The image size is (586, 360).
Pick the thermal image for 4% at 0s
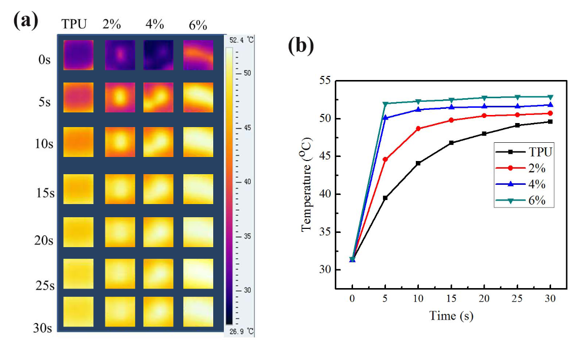[x=158, y=55]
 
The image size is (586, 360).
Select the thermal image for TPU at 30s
[x=79, y=311]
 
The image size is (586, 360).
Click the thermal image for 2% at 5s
[x=120, y=97]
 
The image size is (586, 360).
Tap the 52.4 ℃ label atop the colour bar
[x=241, y=40]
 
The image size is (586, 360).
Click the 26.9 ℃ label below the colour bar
[x=241, y=332]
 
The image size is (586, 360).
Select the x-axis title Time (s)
[x=451, y=316]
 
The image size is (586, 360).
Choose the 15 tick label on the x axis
[x=451, y=299]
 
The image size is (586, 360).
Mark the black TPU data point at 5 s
[x=385, y=198]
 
